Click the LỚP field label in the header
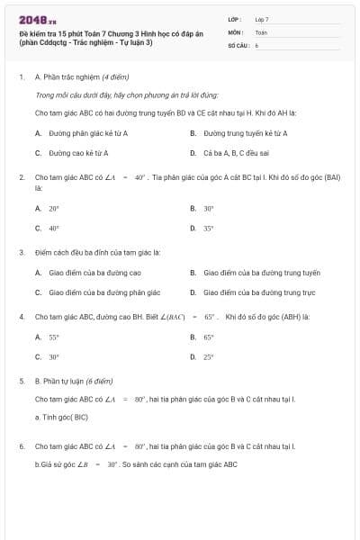click(x=235, y=19)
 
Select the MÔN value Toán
click(x=261, y=31)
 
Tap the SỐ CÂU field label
click(x=238, y=44)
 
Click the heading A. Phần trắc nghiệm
click(x=73, y=78)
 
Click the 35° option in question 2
click(x=208, y=229)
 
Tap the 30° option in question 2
click(x=208, y=208)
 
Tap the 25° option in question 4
click(x=208, y=357)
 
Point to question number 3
click(x=21, y=252)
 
